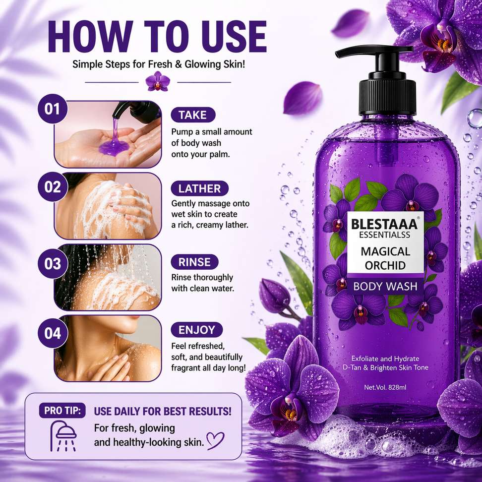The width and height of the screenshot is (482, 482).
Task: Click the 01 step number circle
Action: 52,109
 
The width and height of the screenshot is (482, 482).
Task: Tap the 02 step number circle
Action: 53,187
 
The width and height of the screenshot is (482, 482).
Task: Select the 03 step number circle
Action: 53,263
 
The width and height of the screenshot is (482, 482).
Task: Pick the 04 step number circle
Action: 53,333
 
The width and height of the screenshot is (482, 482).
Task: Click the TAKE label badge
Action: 193,115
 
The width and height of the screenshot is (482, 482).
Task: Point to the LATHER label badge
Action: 200,188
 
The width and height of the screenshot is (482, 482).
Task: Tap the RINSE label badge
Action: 194,262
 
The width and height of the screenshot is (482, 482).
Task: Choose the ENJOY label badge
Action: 197,330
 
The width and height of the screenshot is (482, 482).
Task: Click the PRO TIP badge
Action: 62,411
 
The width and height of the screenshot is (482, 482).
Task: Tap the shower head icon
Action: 63,436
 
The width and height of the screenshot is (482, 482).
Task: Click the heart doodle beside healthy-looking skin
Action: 215,440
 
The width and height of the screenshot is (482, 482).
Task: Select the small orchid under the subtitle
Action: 158,81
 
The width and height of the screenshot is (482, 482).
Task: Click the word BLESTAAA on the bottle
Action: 384,224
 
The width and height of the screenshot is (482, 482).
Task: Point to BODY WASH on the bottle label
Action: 385,287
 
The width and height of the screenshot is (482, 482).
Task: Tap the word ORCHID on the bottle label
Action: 385,266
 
